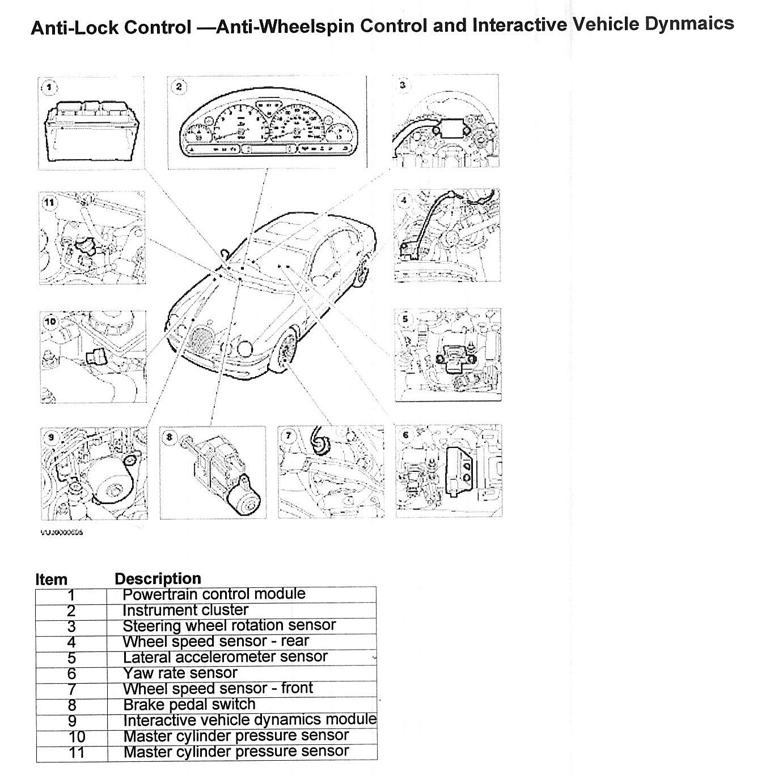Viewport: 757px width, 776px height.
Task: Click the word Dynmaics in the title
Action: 690,24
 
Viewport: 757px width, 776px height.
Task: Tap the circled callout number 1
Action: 50,87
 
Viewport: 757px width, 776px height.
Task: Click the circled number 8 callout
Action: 170,437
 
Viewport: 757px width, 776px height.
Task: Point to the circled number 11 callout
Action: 50,202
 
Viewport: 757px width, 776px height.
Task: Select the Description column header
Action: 158,578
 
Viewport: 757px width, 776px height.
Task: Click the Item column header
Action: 51,579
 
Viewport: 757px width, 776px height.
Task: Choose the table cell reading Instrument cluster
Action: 185,610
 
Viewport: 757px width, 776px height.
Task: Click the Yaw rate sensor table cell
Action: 180,673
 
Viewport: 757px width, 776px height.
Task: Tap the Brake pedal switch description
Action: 189,704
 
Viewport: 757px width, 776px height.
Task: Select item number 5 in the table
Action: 71,658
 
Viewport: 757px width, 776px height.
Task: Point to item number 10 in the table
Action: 77,736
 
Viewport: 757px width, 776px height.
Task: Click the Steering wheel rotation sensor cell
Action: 229,625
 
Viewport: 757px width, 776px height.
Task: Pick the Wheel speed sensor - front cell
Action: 218,688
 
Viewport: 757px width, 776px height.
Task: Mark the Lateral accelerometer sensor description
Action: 225,657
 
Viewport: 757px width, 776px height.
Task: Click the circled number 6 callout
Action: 405,435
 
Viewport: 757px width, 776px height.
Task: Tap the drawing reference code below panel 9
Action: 61,532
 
